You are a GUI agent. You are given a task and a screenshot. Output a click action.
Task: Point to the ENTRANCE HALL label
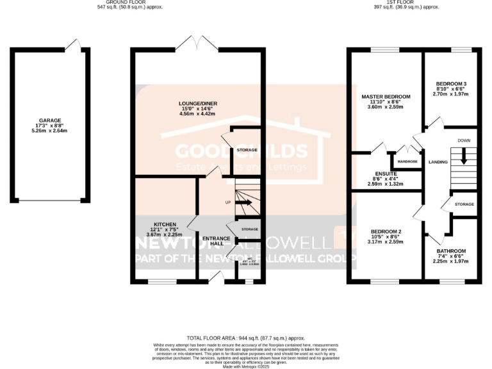point(216,242)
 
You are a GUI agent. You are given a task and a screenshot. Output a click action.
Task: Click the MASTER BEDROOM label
point(386,97)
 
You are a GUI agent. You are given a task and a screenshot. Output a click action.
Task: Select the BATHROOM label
point(451,251)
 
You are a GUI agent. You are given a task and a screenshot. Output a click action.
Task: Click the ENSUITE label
point(386,173)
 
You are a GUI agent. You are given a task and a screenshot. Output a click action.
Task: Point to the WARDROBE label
point(407,161)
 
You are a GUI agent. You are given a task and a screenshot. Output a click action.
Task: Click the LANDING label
point(438,161)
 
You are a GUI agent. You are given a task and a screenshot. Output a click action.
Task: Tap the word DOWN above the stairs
point(464,140)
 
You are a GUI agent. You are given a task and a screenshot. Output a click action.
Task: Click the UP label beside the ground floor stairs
point(227,202)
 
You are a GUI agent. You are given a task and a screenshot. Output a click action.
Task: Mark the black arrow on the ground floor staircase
point(244,203)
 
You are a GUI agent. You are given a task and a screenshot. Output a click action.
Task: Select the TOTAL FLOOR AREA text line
point(246,338)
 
